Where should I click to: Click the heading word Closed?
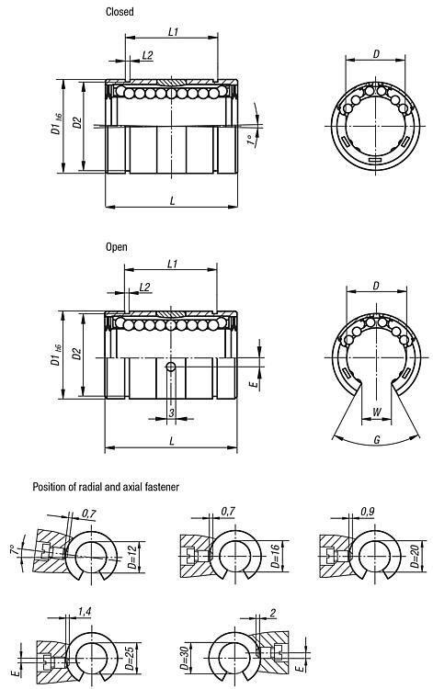tap(120, 11)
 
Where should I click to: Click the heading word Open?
tap(117, 247)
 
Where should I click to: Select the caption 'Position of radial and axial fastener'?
tap(106, 487)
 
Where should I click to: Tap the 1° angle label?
tap(251, 141)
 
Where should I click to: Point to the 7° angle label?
tap(15, 549)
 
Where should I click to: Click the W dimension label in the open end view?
tap(377, 412)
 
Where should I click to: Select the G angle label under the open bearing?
tap(377, 439)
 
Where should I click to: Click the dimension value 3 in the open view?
tap(171, 412)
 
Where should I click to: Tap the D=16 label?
tap(275, 557)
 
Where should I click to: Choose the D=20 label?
tap(414, 557)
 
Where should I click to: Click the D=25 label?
tap(130, 658)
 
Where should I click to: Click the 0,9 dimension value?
tap(368, 512)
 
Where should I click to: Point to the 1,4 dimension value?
tap(85, 611)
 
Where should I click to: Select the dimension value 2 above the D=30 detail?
tap(273, 614)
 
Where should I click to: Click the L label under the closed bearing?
tap(172, 201)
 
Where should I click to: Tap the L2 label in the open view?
tap(144, 288)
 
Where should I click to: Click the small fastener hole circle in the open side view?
tap(171, 367)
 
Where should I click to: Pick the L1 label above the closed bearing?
tap(173, 31)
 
